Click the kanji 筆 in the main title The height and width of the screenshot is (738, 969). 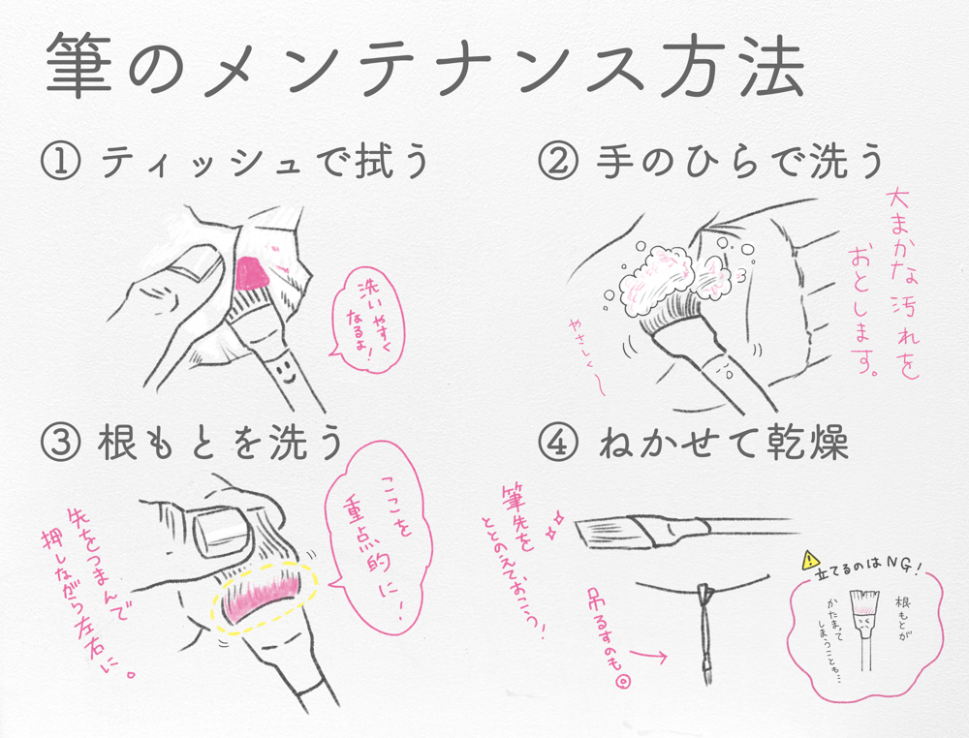click(80, 67)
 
